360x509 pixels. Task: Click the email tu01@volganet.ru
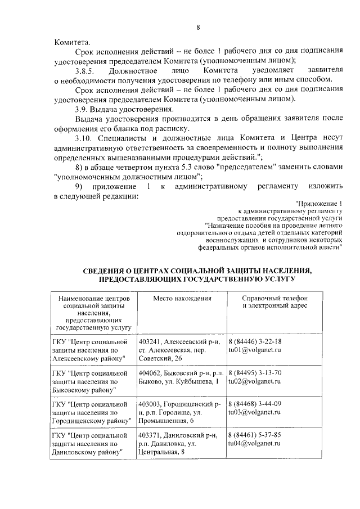[254, 350]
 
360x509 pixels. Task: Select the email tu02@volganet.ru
[254, 381]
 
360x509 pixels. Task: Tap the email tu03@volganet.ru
[254, 412]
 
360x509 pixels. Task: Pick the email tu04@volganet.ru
[254, 443]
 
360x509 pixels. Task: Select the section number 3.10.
[83, 137]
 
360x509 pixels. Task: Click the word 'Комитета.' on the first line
[71, 42]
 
